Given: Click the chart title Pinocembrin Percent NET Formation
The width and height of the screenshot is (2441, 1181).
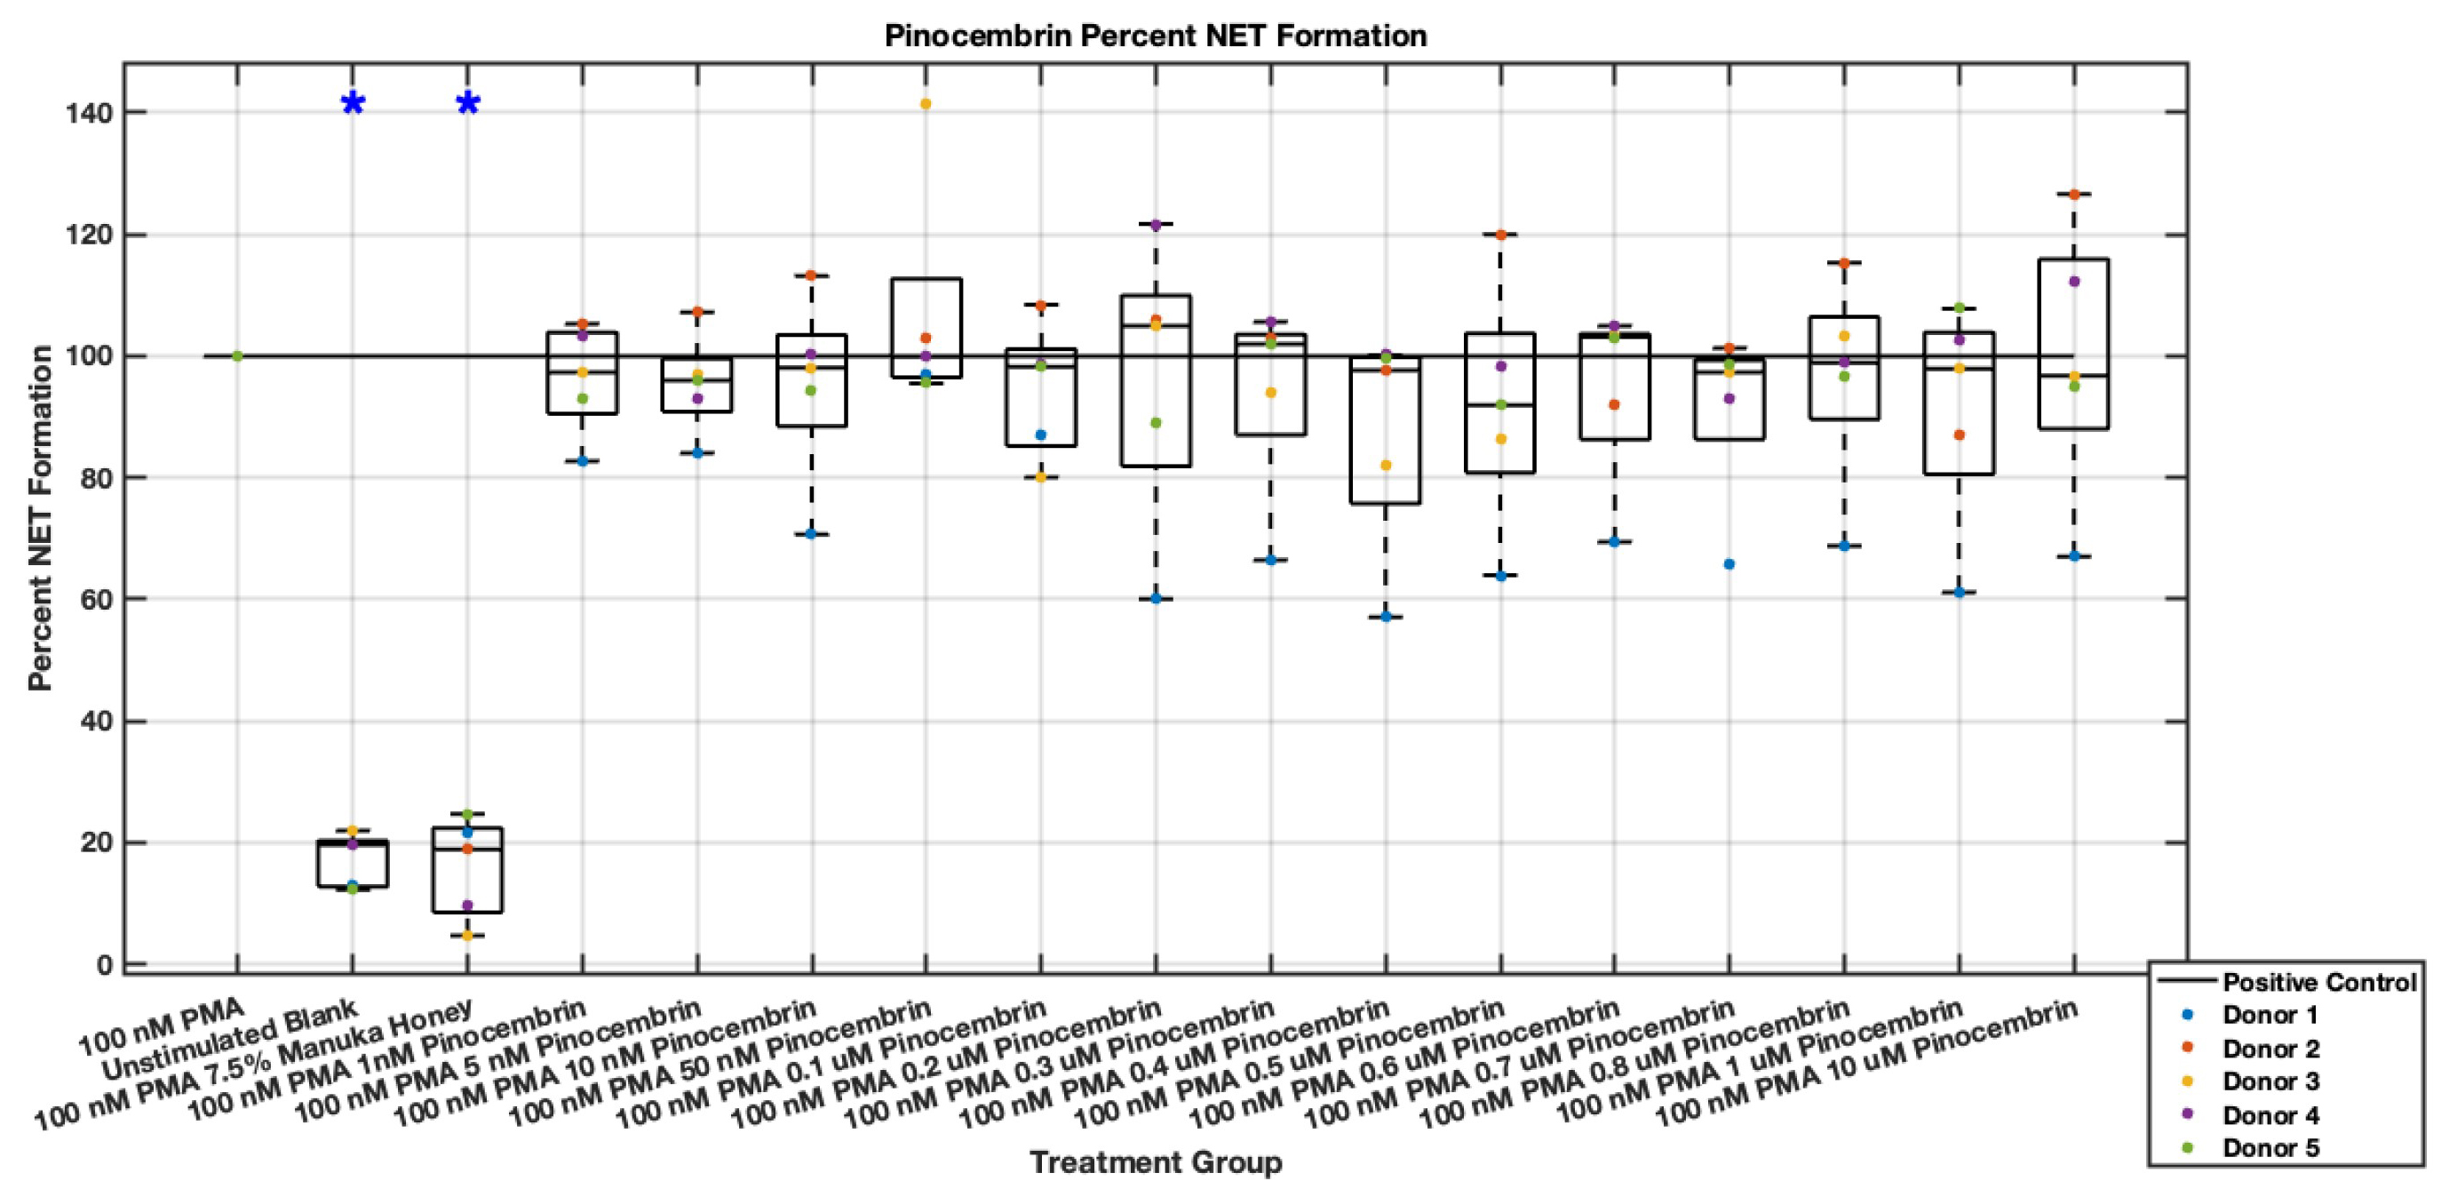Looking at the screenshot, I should point(1155,36).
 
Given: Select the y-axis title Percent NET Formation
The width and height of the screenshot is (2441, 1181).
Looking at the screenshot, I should point(40,517).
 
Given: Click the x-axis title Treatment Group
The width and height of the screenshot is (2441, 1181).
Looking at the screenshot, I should point(1155,1161).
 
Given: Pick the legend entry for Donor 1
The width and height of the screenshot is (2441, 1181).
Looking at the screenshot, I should point(2270,1015).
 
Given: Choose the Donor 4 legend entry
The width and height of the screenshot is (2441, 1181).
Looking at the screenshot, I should point(2270,1114).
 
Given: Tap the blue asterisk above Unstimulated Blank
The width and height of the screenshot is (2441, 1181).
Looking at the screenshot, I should point(353,104).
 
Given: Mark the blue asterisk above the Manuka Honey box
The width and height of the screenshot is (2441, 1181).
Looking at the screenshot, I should point(468,104).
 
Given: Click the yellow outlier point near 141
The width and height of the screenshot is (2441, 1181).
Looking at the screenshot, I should point(926,104).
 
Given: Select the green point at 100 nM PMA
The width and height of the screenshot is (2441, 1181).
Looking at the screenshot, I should point(237,356).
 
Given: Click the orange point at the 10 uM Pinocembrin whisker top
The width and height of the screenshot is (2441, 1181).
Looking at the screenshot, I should point(2073,195).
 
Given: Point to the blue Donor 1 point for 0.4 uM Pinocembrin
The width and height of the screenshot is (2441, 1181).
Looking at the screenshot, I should point(1386,617).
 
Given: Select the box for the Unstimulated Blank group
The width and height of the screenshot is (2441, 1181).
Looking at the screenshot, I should point(353,864).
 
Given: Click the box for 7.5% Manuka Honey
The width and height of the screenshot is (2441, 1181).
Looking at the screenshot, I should point(467,870).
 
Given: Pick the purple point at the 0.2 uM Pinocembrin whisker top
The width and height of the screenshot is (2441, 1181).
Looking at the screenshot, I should point(1155,225).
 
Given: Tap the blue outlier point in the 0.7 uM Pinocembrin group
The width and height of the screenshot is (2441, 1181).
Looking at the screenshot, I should point(1729,564).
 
